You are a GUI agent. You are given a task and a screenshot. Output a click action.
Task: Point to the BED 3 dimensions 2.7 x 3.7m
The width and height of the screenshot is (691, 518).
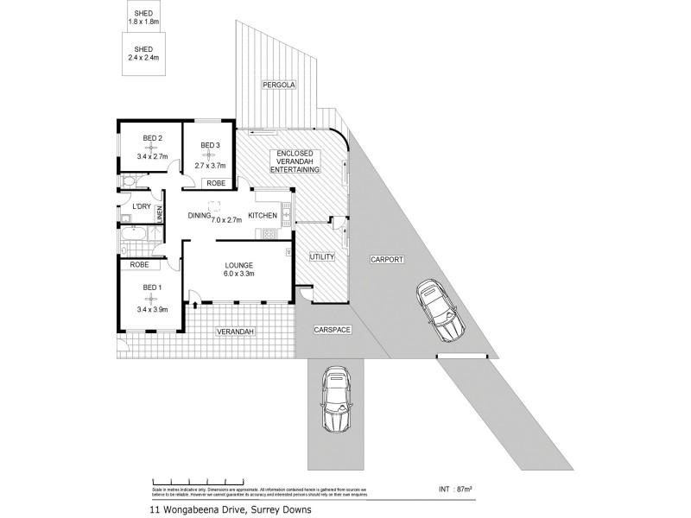pyautogui.click(x=211, y=165)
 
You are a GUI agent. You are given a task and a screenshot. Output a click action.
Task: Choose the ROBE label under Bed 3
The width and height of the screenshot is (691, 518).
pyautogui.click(x=213, y=183)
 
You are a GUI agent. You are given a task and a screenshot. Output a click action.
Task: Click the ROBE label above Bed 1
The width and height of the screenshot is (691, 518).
pyautogui.click(x=140, y=265)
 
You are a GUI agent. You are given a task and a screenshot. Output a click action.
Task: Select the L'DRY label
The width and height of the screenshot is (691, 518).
pyautogui.click(x=141, y=206)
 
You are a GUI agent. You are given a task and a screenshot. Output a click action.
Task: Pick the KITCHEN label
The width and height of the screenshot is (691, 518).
pyautogui.click(x=263, y=215)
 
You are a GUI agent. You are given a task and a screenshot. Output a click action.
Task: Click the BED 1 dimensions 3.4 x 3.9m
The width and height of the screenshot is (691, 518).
pyautogui.click(x=152, y=308)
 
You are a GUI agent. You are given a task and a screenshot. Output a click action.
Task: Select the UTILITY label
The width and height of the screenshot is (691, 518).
pyautogui.click(x=321, y=256)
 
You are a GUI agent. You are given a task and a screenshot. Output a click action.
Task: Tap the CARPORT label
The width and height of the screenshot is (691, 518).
pyautogui.click(x=387, y=259)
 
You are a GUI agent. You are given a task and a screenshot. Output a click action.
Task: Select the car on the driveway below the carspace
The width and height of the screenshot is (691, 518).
pyautogui.click(x=335, y=401)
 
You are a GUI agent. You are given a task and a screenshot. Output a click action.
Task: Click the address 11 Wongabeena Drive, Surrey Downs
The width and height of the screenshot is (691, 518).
pyautogui.click(x=229, y=509)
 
